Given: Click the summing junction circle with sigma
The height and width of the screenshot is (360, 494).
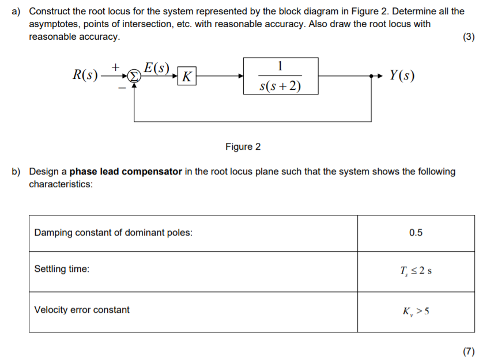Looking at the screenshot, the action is click(x=133, y=75).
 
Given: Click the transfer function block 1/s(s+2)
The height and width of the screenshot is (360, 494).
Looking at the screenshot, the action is click(x=280, y=75).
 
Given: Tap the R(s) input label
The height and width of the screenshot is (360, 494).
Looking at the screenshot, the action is click(x=85, y=75).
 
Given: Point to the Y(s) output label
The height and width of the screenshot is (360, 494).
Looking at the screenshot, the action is click(x=401, y=75).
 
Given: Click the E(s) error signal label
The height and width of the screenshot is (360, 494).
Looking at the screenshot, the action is click(x=156, y=68).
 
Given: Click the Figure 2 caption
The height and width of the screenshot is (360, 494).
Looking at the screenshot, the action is click(x=243, y=146).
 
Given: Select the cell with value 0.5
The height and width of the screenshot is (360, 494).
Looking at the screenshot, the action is click(x=416, y=233).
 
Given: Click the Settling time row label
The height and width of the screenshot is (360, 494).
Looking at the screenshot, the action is click(x=62, y=269).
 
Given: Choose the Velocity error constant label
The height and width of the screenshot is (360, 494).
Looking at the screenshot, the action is click(x=82, y=310).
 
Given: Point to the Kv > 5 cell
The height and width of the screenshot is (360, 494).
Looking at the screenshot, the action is click(x=416, y=311).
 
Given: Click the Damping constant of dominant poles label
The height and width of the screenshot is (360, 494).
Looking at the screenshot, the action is click(x=114, y=233).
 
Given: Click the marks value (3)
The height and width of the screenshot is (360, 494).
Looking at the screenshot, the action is click(x=469, y=37).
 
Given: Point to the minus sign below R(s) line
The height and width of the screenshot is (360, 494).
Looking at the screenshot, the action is click(x=122, y=88).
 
